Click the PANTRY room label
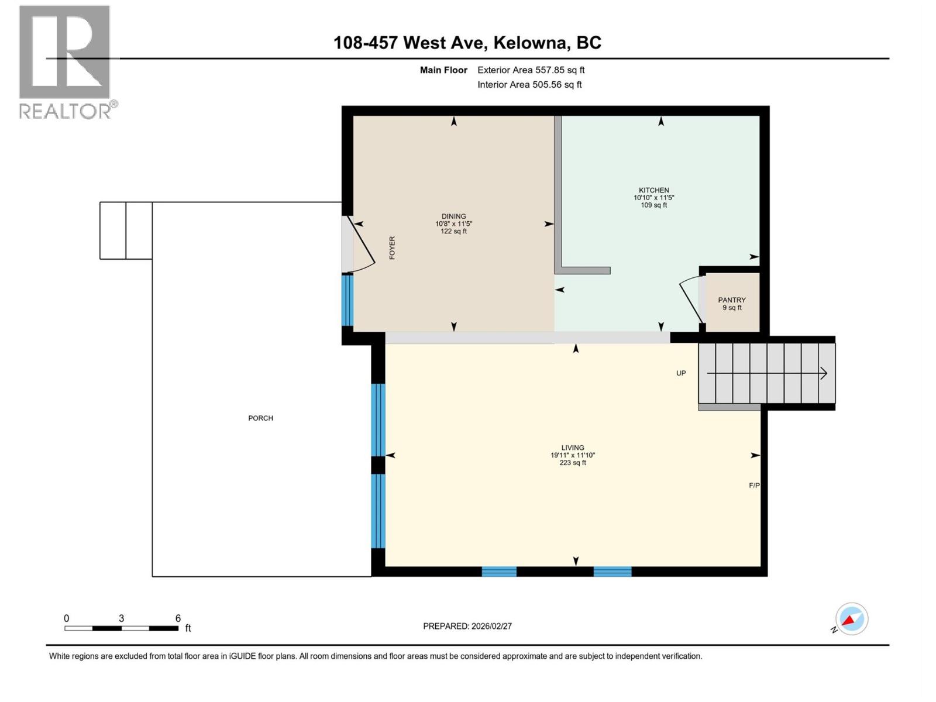tap(732, 300)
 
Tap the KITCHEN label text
tap(653, 190)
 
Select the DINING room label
tap(453, 216)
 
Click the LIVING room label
tap(572, 448)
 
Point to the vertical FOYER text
tap(392, 247)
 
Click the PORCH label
tap(260, 418)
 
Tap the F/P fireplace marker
tap(754, 485)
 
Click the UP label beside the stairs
tap(681, 373)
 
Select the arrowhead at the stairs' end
tap(823, 373)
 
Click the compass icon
tap(851, 619)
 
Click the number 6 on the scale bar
tap(178, 618)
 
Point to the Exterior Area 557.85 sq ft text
tap(531, 70)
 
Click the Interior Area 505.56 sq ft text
tap(529, 84)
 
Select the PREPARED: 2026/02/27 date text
tap(467, 626)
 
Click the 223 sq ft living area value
tap(572, 463)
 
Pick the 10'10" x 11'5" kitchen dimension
tap(653, 198)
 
